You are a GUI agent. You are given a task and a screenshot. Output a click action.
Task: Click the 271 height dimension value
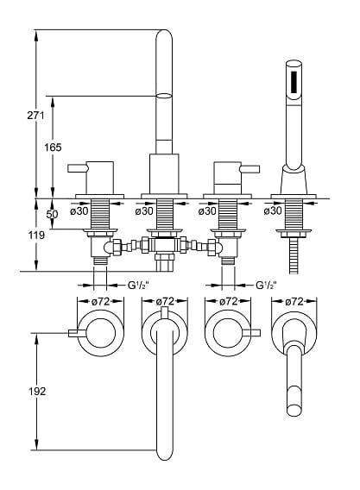(35, 116)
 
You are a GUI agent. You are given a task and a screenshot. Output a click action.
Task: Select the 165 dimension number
(53, 148)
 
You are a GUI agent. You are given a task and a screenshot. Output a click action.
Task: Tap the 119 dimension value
(36, 235)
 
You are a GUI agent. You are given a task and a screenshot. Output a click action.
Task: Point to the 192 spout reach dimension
(37, 391)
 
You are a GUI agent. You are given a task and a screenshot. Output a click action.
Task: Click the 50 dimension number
(53, 214)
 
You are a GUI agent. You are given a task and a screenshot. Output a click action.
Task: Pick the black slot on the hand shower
(294, 82)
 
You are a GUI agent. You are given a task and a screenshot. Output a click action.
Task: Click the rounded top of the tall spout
(164, 35)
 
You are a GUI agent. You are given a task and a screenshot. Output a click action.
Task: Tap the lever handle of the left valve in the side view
(78, 168)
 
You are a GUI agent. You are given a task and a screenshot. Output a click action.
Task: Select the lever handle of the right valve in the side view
(249, 169)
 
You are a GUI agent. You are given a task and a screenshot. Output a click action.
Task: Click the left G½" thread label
(138, 285)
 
